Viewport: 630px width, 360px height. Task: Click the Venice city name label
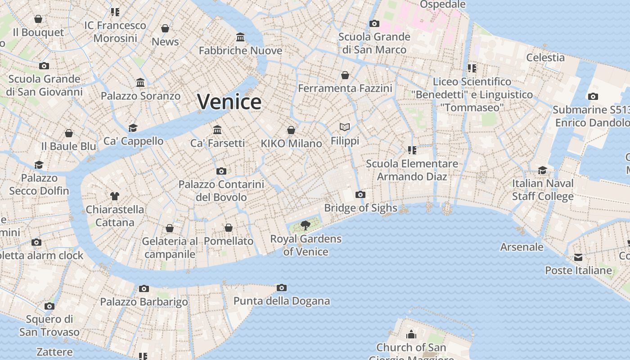pyautogui.click(x=229, y=102)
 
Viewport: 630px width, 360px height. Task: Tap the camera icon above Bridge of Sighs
pyautogui.click(x=360, y=195)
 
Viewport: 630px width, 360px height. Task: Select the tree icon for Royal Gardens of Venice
pyautogui.click(x=306, y=225)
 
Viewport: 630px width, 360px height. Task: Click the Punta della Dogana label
pyautogui.click(x=282, y=301)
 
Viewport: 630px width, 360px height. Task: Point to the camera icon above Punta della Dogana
pyautogui.click(x=282, y=288)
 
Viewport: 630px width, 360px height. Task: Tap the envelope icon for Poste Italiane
pyautogui.click(x=578, y=257)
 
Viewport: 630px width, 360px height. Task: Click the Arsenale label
pyautogui.click(x=522, y=247)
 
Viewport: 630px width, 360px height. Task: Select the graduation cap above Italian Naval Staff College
pyautogui.click(x=543, y=170)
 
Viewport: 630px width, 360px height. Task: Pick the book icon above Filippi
pyautogui.click(x=345, y=127)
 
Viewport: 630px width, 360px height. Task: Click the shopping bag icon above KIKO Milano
pyautogui.click(x=291, y=130)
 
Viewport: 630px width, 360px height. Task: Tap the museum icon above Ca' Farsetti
pyautogui.click(x=218, y=130)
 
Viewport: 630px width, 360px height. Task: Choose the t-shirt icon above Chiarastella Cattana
pyautogui.click(x=115, y=196)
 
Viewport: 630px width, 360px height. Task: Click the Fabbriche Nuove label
pyautogui.click(x=240, y=50)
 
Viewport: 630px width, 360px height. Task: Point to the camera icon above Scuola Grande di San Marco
pyautogui.click(x=374, y=24)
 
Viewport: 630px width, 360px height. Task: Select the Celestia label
pyautogui.click(x=545, y=58)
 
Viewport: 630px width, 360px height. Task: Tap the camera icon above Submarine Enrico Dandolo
pyautogui.click(x=593, y=96)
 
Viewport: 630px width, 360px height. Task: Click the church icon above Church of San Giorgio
pyautogui.click(x=411, y=334)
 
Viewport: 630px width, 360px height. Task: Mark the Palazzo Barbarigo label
pyautogui.click(x=144, y=302)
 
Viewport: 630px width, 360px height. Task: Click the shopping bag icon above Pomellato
pyautogui.click(x=229, y=228)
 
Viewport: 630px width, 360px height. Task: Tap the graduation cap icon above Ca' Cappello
pyautogui.click(x=133, y=128)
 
